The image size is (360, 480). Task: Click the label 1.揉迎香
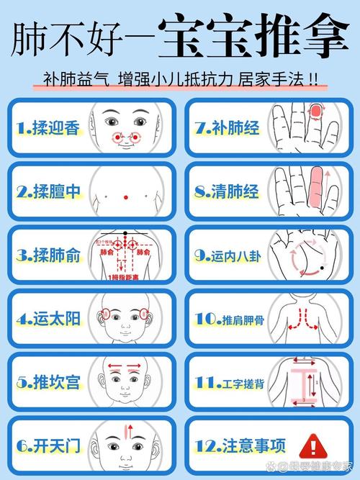[47, 128]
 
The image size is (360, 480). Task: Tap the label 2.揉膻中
[47, 191]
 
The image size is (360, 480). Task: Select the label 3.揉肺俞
[47, 255]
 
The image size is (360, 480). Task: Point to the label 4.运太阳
[47, 318]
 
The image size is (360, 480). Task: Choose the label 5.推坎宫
[47, 381]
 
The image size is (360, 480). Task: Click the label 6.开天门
[47, 445]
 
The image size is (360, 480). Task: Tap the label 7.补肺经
[225, 128]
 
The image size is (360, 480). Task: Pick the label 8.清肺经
[225, 191]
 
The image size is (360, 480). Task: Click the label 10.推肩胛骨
[228, 318]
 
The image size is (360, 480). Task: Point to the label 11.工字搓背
[228, 381]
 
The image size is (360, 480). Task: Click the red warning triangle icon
[312, 443]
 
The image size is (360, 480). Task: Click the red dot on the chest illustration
[126, 196]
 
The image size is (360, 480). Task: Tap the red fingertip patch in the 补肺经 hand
[315, 112]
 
